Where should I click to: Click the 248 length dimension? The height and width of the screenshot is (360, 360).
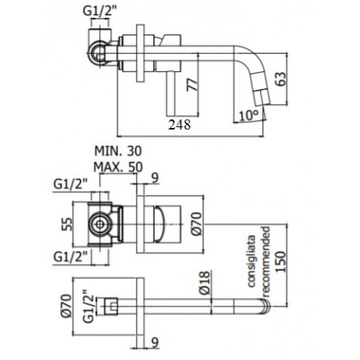pyautogui.click(x=181, y=124)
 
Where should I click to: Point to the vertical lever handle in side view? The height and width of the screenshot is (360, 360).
pyautogui.click(x=170, y=87)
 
